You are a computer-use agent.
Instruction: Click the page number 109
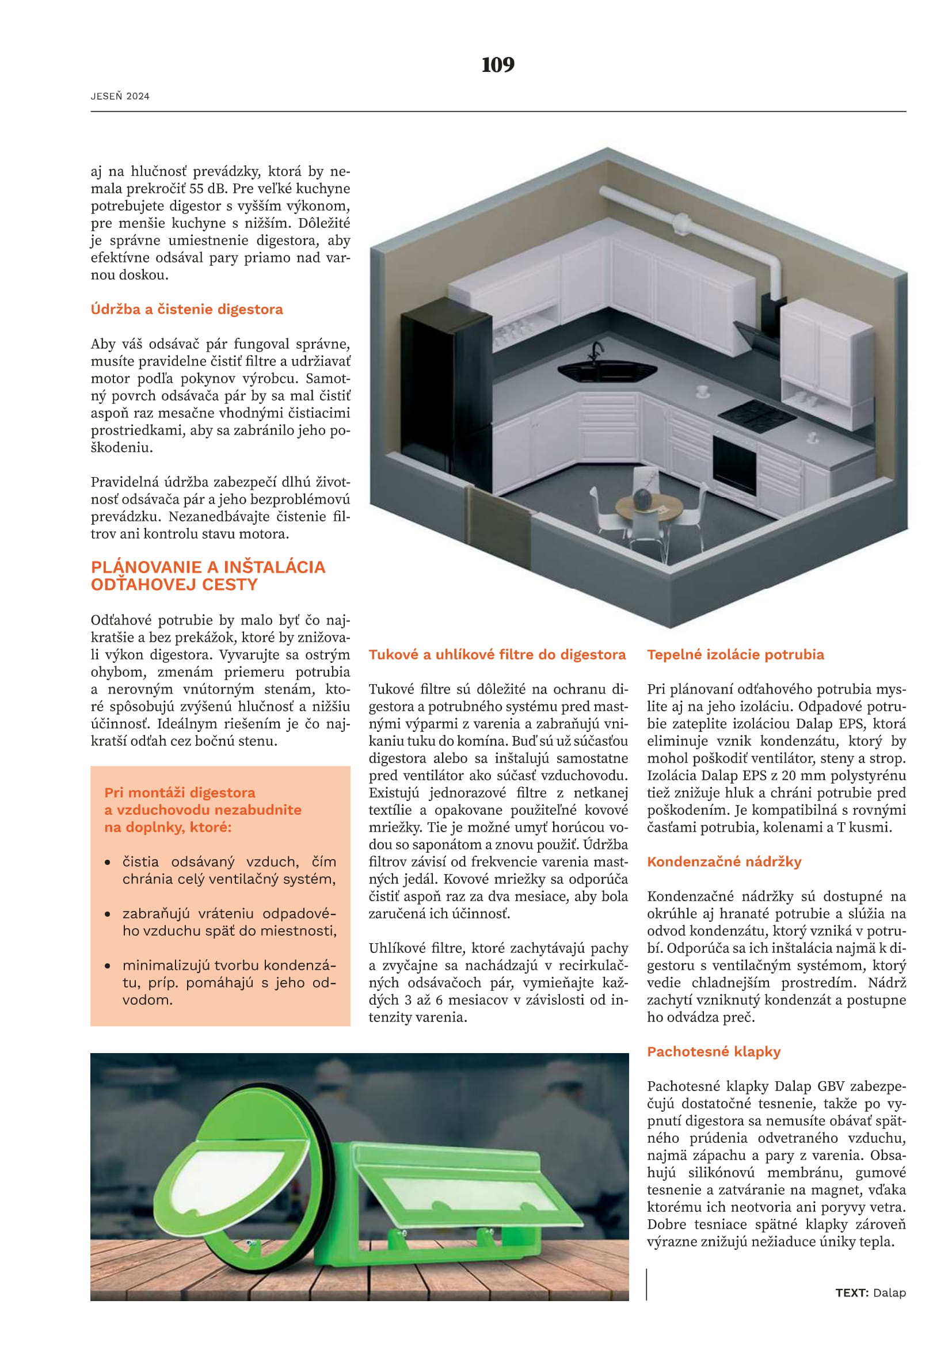[498, 64]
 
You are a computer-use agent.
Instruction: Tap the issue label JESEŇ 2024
[120, 96]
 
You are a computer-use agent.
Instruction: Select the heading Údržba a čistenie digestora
[186, 309]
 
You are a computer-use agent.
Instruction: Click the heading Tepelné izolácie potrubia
[735, 654]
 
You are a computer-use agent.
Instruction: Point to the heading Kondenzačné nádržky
[724, 861]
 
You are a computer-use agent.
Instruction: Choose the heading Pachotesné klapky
[713, 1051]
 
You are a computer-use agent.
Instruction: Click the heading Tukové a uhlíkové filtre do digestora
[497, 654]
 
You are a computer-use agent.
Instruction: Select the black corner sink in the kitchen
[607, 371]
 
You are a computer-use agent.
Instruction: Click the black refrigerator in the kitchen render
[445, 399]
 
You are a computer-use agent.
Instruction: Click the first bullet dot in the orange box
[107, 863]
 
